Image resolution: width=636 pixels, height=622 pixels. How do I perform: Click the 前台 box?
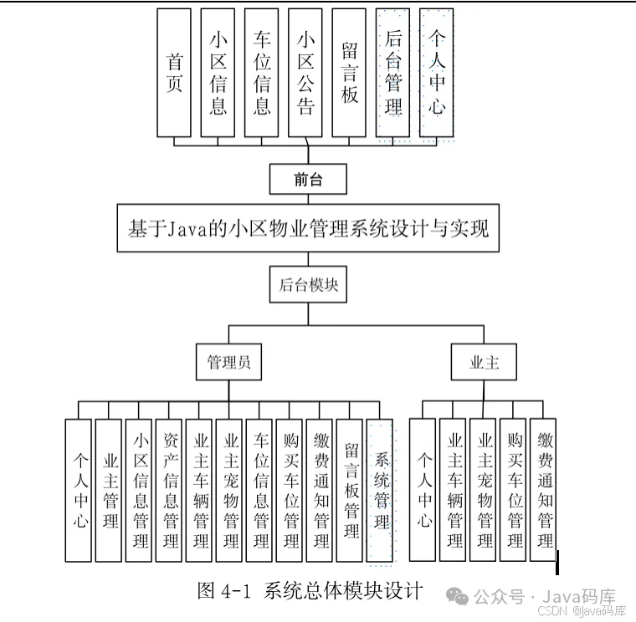click(x=307, y=179)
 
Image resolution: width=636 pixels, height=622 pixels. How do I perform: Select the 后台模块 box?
click(x=308, y=283)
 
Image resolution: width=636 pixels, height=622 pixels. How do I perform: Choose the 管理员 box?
click(x=228, y=363)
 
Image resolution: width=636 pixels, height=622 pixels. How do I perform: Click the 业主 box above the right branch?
click(x=484, y=363)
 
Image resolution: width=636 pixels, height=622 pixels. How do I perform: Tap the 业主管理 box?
click(x=109, y=489)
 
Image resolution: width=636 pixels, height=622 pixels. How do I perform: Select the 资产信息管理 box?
click(x=169, y=489)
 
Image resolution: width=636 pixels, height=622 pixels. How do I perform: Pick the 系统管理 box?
click(x=380, y=489)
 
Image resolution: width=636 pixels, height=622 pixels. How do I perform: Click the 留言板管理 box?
click(x=350, y=489)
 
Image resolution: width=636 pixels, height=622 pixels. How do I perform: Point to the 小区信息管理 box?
click(x=139, y=489)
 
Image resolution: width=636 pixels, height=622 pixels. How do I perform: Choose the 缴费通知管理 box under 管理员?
click(x=320, y=489)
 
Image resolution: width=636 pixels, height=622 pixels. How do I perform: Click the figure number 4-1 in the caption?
click(x=236, y=590)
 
